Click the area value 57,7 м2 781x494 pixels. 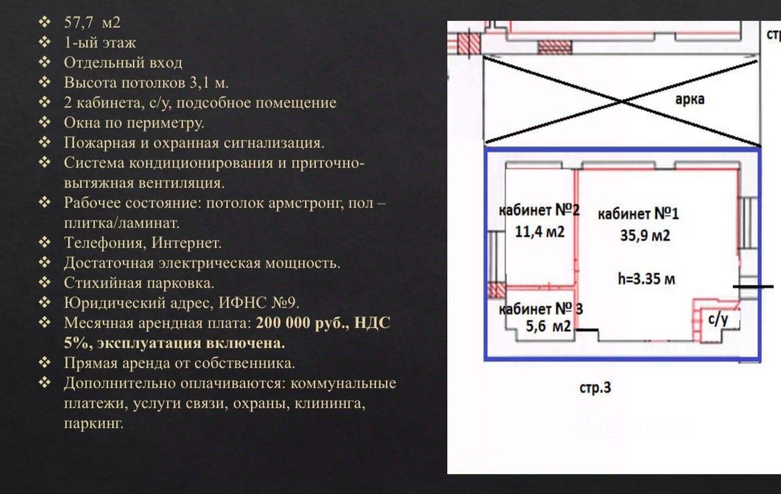(x=92, y=23)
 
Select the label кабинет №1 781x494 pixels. (x=638, y=214)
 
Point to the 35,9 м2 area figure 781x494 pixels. (x=645, y=236)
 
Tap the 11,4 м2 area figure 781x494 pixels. (x=539, y=232)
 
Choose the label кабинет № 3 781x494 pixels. (x=541, y=309)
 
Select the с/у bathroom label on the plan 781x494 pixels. (x=718, y=319)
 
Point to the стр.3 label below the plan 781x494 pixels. (x=595, y=387)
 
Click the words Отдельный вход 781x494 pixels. (x=123, y=63)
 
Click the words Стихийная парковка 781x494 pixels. (x=139, y=283)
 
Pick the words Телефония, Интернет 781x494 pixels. (x=142, y=243)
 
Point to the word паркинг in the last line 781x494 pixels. (x=93, y=424)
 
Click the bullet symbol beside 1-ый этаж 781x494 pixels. (x=45, y=43)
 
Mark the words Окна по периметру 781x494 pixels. (x=134, y=123)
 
